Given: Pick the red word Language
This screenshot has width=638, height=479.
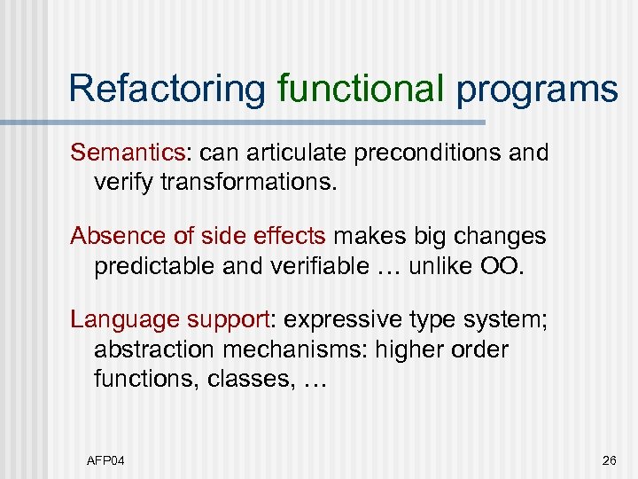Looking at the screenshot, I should coord(118,319).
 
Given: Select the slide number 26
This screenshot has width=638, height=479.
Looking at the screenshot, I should coord(609,459).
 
